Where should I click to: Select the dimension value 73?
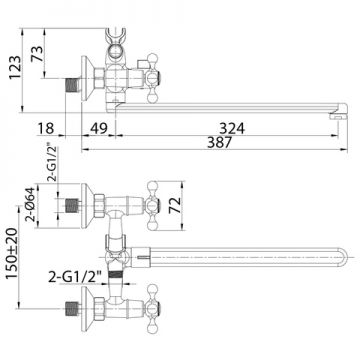click(x=37, y=53)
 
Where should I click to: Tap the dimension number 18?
click(x=46, y=128)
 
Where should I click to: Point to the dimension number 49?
click(x=98, y=128)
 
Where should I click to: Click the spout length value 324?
click(x=232, y=128)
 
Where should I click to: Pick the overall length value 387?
click(x=219, y=143)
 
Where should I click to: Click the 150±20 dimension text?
click(x=12, y=254)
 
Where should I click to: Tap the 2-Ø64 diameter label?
click(x=30, y=205)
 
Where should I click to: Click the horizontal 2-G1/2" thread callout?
click(x=75, y=277)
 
